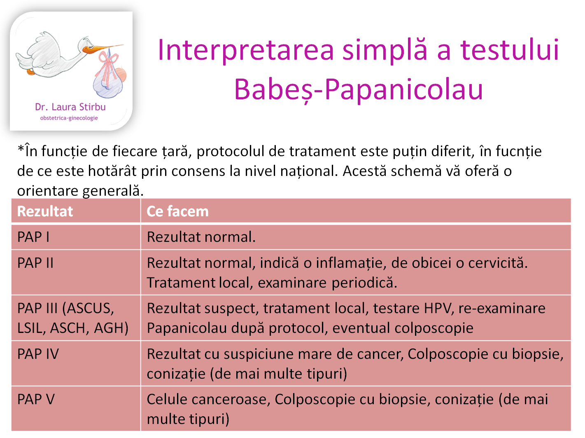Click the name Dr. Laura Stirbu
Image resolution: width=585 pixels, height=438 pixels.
[x=70, y=107]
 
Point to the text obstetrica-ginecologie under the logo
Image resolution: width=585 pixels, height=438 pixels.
[x=69, y=118]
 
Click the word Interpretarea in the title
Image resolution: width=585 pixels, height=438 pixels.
[x=246, y=50]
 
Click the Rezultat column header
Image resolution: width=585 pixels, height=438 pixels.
[x=45, y=211]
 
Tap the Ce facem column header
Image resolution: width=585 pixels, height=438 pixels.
[x=178, y=211]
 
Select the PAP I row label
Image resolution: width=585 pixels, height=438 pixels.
[x=33, y=237]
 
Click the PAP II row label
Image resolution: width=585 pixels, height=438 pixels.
[x=35, y=263]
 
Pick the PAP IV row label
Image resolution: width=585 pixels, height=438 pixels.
[x=38, y=354]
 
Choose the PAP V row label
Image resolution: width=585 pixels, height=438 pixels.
[x=36, y=399]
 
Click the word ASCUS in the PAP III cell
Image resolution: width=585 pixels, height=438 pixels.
[x=91, y=308]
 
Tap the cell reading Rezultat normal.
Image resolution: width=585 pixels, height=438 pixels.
[x=201, y=237]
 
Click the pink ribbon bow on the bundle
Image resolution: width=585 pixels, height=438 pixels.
[x=108, y=62]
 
